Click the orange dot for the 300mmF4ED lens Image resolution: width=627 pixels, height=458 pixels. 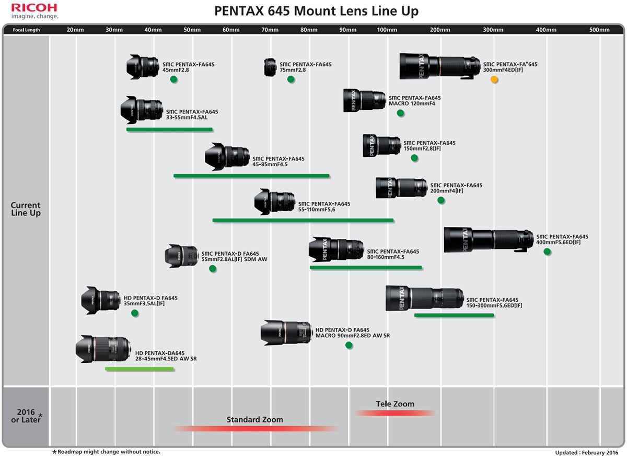tap(494, 79)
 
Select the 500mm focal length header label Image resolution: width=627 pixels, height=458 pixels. tap(599, 30)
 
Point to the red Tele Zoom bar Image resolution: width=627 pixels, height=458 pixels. tap(396, 413)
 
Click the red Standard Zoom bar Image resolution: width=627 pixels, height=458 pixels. tap(256, 429)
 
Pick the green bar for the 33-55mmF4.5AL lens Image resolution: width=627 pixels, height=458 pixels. tap(169, 129)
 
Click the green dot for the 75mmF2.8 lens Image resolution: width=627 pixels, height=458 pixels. tap(291, 79)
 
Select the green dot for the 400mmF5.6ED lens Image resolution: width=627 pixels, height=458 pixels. tap(547, 251)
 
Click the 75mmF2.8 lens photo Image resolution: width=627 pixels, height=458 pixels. tap(270, 67)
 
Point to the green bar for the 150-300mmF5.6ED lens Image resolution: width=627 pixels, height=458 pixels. tap(454, 315)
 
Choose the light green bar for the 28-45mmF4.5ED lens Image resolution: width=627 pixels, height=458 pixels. tap(140, 369)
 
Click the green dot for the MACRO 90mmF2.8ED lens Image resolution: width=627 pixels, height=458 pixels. tap(349, 345)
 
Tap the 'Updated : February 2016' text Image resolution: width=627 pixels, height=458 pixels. tap(586, 452)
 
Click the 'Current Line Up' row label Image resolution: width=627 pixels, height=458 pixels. tap(26, 209)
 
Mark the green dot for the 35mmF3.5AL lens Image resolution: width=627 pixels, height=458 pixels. tap(135, 313)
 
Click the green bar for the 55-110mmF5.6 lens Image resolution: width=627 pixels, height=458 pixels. tap(303, 220)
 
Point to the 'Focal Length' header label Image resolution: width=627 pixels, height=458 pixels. tap(26, 30)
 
